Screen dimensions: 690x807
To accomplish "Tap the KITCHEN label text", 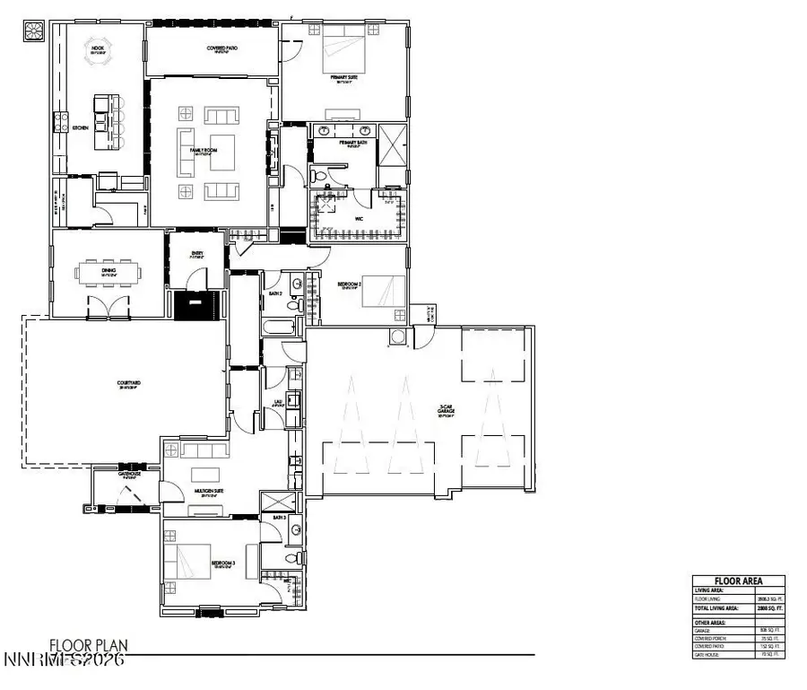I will [x=80, y=128].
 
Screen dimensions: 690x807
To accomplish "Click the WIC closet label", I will [x=357, y=215].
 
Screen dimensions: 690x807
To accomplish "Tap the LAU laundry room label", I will [x=278, y=403].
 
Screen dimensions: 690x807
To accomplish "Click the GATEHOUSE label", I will [x=130, y=474].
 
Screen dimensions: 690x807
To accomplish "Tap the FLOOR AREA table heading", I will [x=737, y=581].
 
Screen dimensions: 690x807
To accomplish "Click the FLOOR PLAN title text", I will [x=89, y=644].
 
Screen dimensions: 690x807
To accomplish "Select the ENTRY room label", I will [x=197, y=253].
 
